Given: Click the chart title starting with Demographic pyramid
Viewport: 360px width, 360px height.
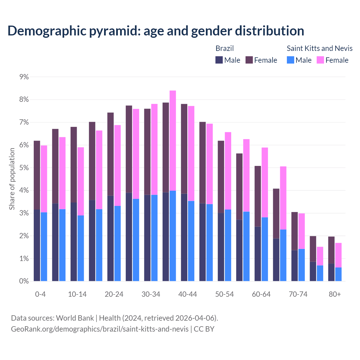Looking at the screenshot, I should click(x=156, y=31).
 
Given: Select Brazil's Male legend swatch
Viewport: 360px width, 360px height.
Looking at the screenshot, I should click(x=219, y=60).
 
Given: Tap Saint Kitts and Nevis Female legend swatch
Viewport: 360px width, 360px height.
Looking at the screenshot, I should click(x=320, y=60).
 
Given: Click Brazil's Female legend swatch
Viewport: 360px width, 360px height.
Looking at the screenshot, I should click(x=249, y=60).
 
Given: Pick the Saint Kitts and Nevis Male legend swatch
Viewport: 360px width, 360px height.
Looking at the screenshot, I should click(x=291, y=60).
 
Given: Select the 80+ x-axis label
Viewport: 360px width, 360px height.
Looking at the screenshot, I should click(x=335, y=294).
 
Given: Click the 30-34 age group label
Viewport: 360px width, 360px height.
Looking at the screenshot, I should click(x=151, y=294).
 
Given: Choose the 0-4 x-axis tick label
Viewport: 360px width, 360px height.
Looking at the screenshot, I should click(x=40, y=294).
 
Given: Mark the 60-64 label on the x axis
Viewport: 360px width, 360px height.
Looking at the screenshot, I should click(x=261, y=294).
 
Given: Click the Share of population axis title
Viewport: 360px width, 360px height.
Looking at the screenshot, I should click(x=12, y=179).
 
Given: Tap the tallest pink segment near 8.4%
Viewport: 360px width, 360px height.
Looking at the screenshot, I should click(x=173, y=141).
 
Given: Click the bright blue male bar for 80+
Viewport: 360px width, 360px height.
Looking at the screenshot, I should click(x=338, y=274).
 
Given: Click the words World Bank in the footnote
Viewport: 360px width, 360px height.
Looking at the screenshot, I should click(x=75, y=318).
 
